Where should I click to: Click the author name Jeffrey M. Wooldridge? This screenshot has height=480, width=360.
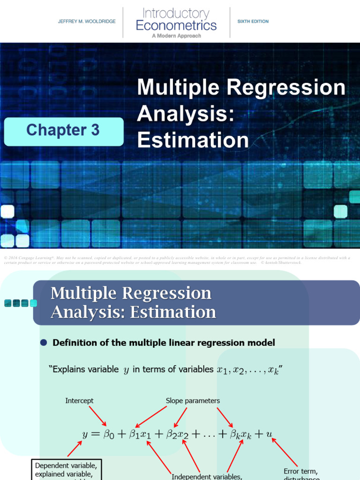87,22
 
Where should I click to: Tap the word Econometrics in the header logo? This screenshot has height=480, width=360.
176,25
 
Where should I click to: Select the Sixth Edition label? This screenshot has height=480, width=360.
253,22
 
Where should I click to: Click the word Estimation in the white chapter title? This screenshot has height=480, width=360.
193,140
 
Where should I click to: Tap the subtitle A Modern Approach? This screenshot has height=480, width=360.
176,36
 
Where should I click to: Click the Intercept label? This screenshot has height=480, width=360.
79,401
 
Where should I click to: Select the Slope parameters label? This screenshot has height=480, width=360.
193,401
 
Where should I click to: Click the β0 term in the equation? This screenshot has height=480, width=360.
108,435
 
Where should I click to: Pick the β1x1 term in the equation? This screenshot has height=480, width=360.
140,435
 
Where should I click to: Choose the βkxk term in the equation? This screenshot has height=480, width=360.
240,435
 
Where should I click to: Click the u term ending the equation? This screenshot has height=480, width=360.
269,434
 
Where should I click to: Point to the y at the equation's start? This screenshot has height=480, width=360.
85,435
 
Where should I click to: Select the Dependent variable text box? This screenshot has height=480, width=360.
66,470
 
